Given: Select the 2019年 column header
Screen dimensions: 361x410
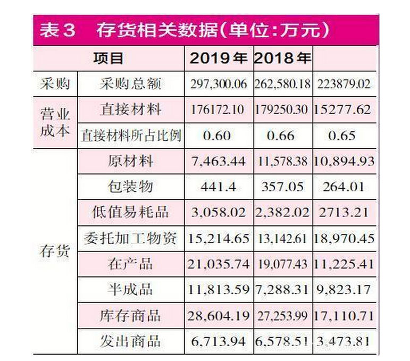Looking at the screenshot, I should click(x=218, y=57).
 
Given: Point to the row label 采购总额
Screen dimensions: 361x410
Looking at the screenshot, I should click(x=130, y=84).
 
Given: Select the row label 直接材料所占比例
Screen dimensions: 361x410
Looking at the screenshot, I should click(x=131, y=136).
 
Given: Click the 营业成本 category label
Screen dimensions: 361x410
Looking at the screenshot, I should click(x=55, y=122).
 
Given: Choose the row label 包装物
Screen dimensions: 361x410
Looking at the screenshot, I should click(x=130, y=186).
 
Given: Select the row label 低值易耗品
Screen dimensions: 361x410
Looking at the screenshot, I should click(x=130, y=212).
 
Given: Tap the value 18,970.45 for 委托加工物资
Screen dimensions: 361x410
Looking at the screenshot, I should click(x=345, y=238).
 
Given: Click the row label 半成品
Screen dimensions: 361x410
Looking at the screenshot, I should click(x=130, y=289).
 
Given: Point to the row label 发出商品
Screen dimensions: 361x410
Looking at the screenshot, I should click(x=130, y=341).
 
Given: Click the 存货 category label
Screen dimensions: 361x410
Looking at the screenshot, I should click(x=55, y=251).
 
